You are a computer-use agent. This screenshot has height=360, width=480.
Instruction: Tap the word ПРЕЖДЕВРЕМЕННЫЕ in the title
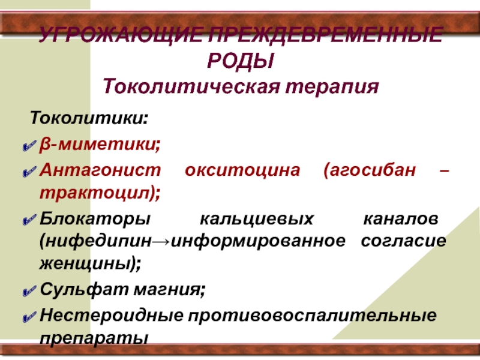point(325,34)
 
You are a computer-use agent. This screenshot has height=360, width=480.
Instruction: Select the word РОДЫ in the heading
point(241,61)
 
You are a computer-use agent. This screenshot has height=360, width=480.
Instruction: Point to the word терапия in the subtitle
point(332,87)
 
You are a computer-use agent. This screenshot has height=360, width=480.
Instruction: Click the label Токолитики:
point(89,118)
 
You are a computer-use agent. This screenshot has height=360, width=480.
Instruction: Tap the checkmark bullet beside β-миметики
point(29,146)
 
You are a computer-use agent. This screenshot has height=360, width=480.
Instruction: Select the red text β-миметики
point(100,144)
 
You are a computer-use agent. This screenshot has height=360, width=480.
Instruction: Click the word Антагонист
point(100,170)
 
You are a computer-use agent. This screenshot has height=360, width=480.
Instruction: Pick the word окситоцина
point(242,170)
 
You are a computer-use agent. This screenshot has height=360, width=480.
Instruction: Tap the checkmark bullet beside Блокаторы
point(29,220)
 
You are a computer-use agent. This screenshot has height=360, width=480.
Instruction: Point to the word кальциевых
point(257,219)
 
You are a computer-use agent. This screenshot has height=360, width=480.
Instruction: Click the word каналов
point(401,219)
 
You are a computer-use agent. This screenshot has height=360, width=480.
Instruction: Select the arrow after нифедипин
point(161,242)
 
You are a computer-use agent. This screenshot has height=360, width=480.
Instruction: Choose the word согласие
point(403,241)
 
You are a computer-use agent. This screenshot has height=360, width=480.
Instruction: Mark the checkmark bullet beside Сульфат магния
point(29,291)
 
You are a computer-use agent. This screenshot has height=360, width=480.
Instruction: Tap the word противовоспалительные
point(312,316)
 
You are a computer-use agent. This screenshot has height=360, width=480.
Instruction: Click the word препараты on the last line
point(94,338)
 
